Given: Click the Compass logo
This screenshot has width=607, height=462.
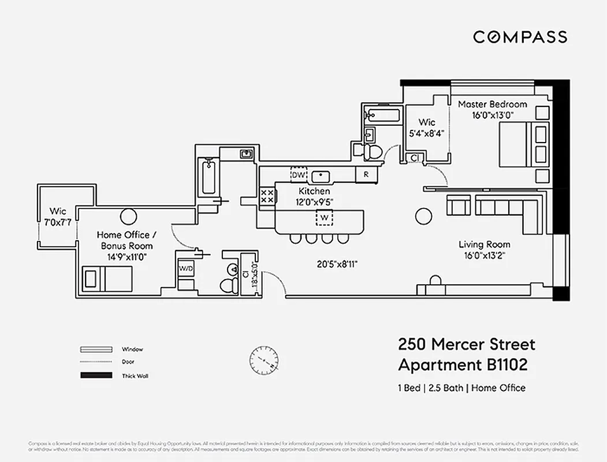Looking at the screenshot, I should coord(520,37).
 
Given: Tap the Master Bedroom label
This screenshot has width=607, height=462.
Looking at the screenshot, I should coord(492,105).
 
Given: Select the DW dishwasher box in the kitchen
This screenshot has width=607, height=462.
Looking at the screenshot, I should coord(298,174).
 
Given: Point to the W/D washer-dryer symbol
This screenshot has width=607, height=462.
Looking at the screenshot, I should coord(186,269).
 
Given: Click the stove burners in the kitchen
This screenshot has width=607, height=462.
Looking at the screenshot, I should coord(267,195).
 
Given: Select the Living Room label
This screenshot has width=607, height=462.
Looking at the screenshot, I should coord(484,244).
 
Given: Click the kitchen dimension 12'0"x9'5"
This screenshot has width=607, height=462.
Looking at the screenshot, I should coord(314,202).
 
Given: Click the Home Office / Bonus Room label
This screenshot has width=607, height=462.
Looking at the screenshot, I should coord(126,240).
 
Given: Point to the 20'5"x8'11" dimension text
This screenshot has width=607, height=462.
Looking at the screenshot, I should coord(337,264).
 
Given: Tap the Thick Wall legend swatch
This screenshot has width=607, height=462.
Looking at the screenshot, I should coord(95,376).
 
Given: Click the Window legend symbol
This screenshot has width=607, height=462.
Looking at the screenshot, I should coord(95,349).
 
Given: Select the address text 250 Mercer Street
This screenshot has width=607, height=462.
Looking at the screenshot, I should coord(467,345).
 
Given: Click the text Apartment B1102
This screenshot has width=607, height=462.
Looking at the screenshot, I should coord(463,365).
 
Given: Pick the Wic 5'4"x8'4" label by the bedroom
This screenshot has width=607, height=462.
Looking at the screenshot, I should coord(427,122).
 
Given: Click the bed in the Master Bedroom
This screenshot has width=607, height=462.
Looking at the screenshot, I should coord(523,144).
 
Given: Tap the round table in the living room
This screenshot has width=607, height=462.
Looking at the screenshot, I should coord(424,216).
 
